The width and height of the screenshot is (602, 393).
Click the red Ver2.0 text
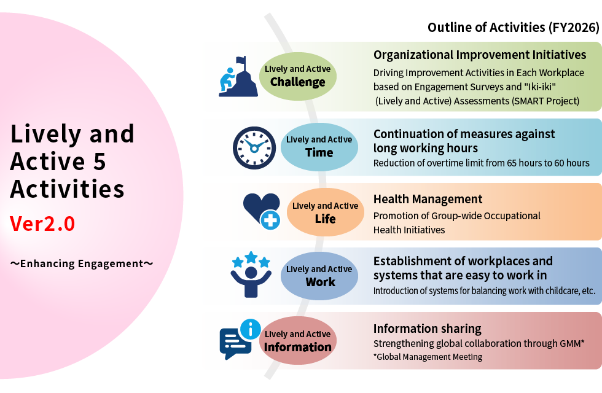[42, 224]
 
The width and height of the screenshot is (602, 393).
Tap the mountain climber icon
[238, 77]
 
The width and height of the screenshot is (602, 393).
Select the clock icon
[254, 148]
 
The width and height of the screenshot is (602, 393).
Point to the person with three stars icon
[251, 274]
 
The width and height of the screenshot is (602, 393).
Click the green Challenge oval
[297, 76]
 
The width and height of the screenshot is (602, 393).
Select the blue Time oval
[319, 147]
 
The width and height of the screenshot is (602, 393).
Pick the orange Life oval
[325, 212]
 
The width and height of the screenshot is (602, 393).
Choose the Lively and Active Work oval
[319, 276]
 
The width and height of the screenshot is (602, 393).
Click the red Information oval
[297, 340]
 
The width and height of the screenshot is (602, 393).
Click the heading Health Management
[428, 199]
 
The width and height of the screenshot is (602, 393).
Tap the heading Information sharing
[428, 329]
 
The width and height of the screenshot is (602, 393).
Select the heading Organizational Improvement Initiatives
[480, 55]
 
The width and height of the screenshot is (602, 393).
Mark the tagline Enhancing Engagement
[82, 263]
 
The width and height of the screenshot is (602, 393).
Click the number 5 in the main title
[100, 161]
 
